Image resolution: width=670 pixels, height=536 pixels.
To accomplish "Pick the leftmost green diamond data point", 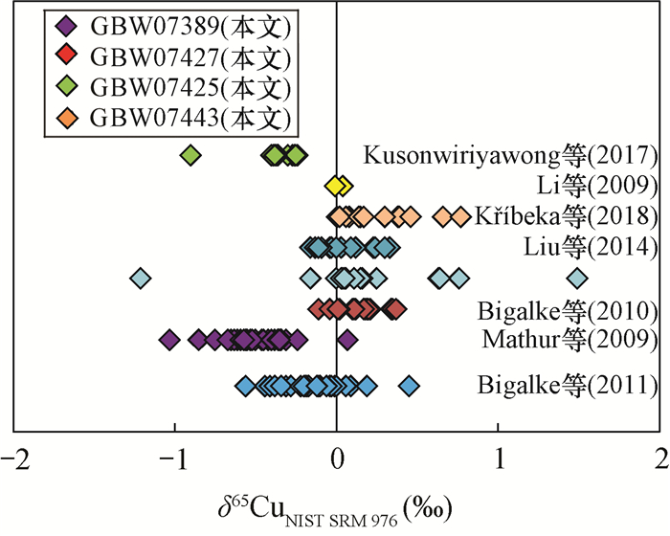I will click(190, 155).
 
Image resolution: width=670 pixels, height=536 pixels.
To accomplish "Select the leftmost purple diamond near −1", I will click(169, 339).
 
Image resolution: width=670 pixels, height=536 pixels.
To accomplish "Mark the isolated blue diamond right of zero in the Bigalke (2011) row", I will click(409, 386).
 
